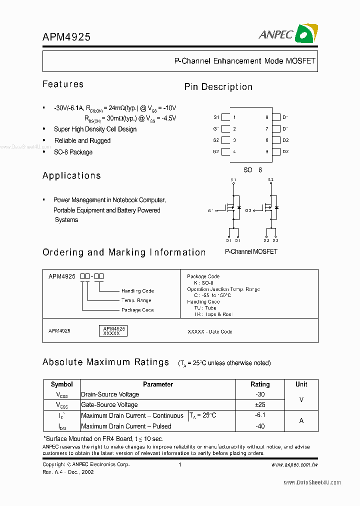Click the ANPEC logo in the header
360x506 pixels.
[287, 33]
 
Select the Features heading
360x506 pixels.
[63, 84]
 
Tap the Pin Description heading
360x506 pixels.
[218, 87]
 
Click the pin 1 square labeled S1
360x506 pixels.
[225, 117]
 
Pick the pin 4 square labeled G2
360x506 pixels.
[225, 152]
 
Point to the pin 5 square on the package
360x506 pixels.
[275, 152]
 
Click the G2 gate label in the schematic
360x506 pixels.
[248, 211]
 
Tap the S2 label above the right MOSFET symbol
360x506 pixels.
[270, 179]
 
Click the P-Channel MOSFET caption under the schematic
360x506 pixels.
[251, 251]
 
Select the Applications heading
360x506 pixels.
[71, 175]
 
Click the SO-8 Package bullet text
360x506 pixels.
[73, 152]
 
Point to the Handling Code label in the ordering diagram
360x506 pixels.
[137, 291]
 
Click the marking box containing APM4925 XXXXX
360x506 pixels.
[114, 330]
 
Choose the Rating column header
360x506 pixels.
[260, 384]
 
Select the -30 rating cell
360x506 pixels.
[260, 394]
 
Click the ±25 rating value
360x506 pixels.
[260, 405]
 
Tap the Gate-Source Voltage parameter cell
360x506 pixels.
[109, 405]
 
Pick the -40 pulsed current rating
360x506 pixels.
[260, 426]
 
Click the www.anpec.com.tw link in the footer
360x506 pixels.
[294, 464]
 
